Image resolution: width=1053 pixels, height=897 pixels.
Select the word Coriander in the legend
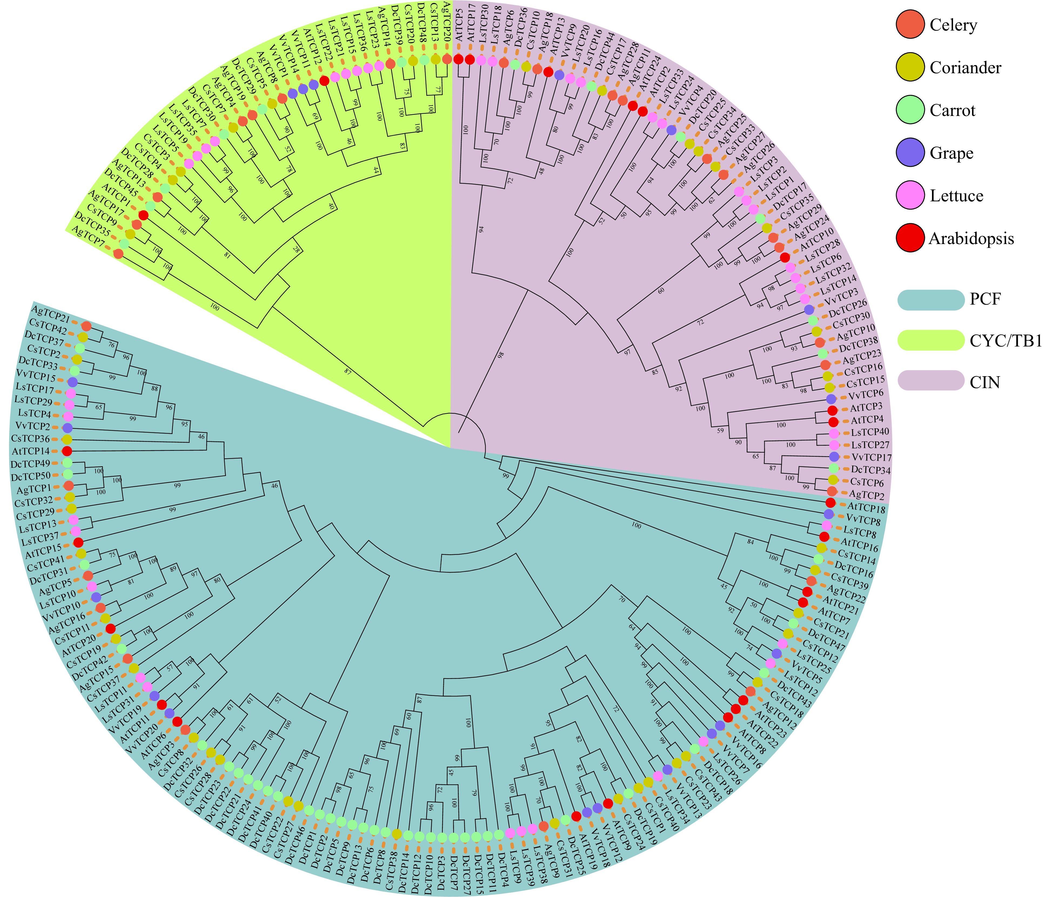tap(965, 68)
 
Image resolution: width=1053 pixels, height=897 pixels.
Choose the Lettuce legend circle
tap(910, 196)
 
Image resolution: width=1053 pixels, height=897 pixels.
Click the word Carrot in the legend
tap(953, 110)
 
